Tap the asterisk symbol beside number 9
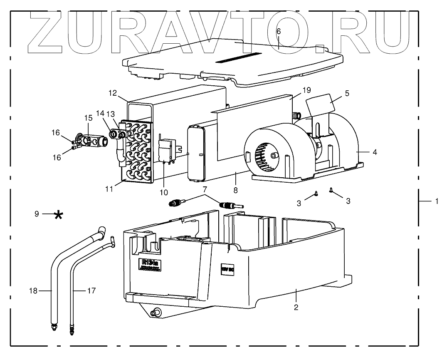pyautogui.click(x=59, y=215)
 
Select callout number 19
pyautogui.click(x=306, y=89)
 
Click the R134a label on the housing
pyautogui.click(x=148, y=265)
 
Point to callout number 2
pyautogui.click(x=296, y=308)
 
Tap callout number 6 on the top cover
pyautogui.click(x=279, y=32)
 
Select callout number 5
pyautogui.click(x=347, y=93)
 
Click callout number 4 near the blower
pyautogui.click(x=375, y=152)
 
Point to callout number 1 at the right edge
pyautogui.click(x=437, y=201)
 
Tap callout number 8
pyautogui.click(x=236, y=190)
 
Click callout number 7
pyautogui.click(x=204, y=190)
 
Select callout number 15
pyautogui.click(x=88, y=118)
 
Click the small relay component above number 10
pyautogui.click(x=168, y=149)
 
